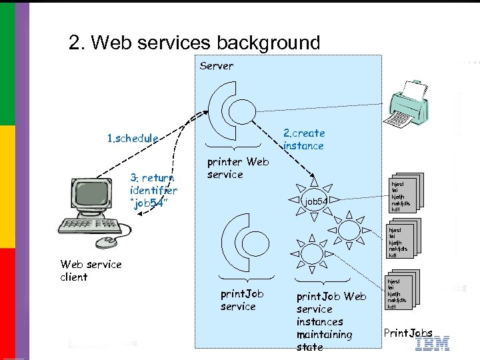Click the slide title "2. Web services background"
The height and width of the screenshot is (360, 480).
(x=194, y=43)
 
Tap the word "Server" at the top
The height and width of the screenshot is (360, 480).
(x=217, y=66)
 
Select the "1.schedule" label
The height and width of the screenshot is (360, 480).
(x=133, y=139)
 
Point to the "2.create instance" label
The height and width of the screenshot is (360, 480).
(x=304, y=139)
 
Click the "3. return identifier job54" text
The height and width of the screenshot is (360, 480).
(x=152, y=191)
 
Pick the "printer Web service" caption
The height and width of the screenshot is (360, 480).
(x=238, y=167)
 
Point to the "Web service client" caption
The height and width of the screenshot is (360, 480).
(x=91, y=270)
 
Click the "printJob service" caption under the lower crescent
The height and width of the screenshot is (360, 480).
(x=241, y=300)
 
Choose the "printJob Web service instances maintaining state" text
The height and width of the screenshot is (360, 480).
(x=331, y=321)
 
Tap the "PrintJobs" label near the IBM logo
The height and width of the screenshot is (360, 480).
(x=408, y=333)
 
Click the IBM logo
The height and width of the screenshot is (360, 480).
(x=432, y=344)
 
